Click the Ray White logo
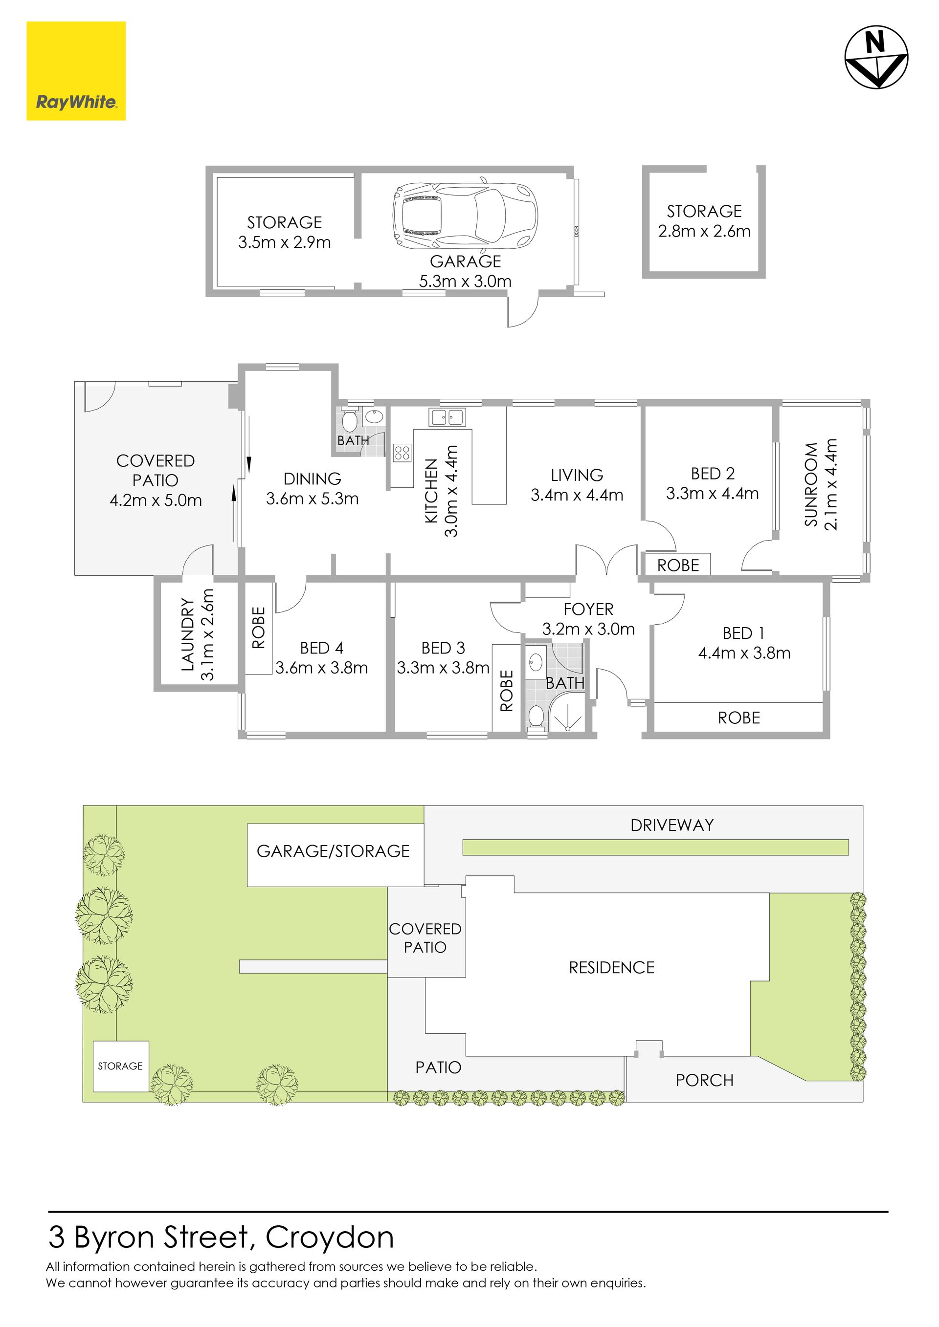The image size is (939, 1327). [76, 71]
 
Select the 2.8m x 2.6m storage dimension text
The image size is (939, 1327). [704, 231]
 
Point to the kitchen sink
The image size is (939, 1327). [447, 417]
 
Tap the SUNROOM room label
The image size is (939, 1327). [811, 484]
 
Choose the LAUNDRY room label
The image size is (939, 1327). [187, 634]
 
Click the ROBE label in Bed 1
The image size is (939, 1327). [738, 718]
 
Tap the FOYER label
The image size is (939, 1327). [589, 609]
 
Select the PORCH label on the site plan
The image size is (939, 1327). [704, 1080]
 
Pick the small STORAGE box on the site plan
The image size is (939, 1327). [120, 1066]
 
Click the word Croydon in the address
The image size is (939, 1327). [330, 1238]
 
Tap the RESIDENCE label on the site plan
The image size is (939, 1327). [612, 967]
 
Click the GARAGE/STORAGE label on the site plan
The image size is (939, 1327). [333, 851]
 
